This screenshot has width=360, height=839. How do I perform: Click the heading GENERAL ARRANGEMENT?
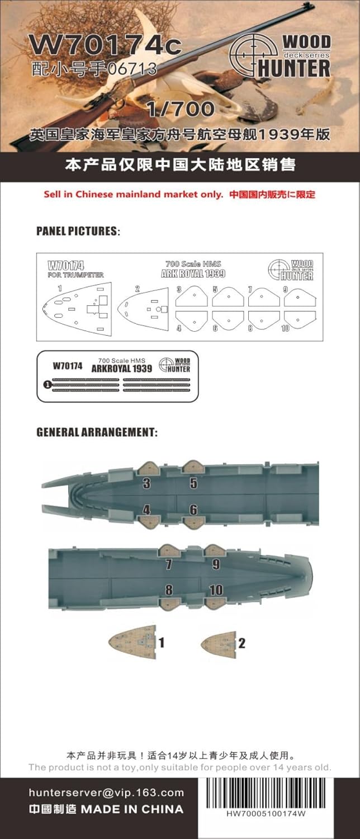97,432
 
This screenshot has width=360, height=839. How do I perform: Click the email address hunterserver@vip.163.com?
106,792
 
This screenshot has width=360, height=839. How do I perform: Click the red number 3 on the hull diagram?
146,483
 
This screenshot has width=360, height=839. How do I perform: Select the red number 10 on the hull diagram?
215,590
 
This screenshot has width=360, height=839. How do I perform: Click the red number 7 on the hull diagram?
168,565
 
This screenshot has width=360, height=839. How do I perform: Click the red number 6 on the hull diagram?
193,510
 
